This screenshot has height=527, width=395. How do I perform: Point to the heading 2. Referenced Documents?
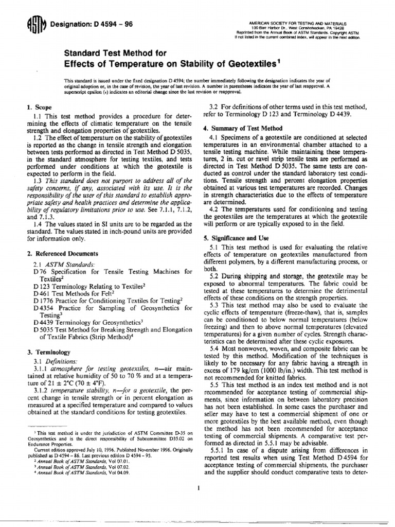[x=61, y=254]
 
